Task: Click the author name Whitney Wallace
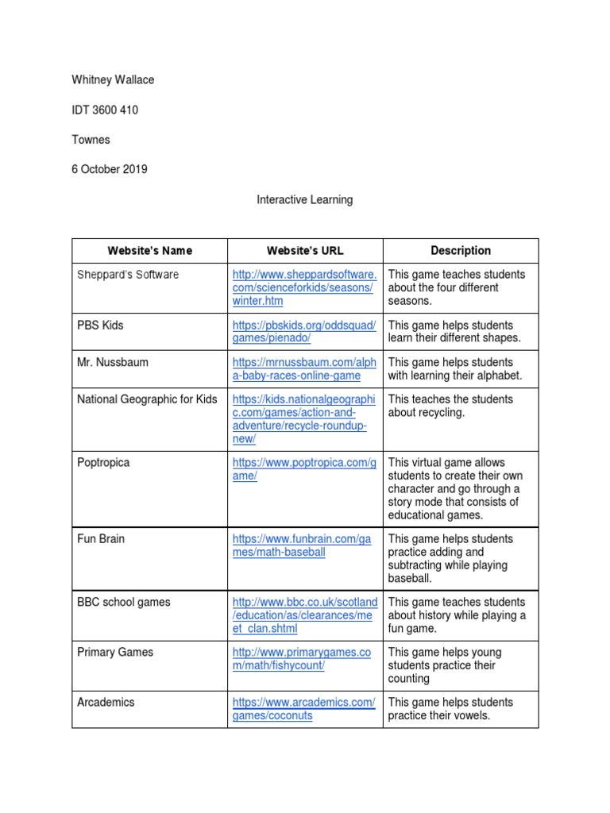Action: (x=114, y=80)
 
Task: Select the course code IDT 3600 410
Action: (x=104, y=110)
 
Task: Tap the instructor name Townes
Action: (x=91, y=140)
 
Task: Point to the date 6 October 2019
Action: (x=110, y=169)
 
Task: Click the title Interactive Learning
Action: (x=304, y=200)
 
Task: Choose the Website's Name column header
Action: (x=149, y=251)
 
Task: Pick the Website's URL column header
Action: (x=305, y=251)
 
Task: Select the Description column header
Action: (x=461, y=251)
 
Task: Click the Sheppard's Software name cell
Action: (x=128, y=275)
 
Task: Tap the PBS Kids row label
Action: (x=100, y=326)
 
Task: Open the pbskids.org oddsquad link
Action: (x=303, y=332)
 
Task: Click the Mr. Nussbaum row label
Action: (x=113, y=362)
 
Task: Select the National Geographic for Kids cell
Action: (x=147, y=399)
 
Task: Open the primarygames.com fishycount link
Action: (x=302, y=659)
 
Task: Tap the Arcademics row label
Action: (x=106, y=703)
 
